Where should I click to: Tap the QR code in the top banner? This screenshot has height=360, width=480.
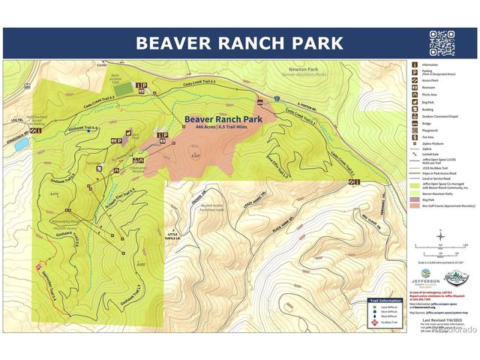[x=442, y=42]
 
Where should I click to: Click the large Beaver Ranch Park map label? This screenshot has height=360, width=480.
[x=218, y=119]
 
